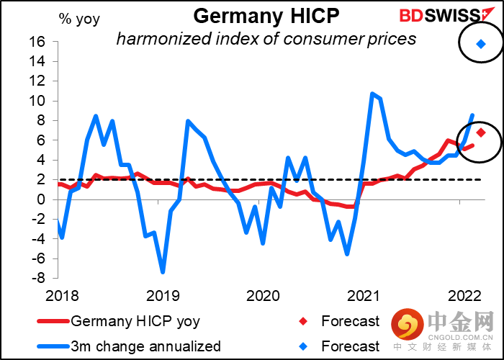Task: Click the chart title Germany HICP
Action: point(266,16)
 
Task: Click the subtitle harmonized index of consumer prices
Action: point(266,39)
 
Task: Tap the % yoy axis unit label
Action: point(79,19)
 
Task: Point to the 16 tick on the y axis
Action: point(42,42)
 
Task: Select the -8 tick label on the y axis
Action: point(40,279)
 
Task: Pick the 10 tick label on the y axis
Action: point(42,101)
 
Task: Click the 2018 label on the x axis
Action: point(62,296)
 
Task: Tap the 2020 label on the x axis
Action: point(263,296)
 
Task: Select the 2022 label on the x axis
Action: point(465,296)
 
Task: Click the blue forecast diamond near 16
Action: point(481,44)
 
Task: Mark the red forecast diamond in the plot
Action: point(481,132)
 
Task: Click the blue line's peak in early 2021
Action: point(372,94)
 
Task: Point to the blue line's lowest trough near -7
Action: point(163,272)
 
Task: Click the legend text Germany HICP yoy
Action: point(135,321)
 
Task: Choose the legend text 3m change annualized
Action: point(145,346)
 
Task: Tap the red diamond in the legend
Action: point(302,321)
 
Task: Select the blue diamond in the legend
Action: point(302,346)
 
